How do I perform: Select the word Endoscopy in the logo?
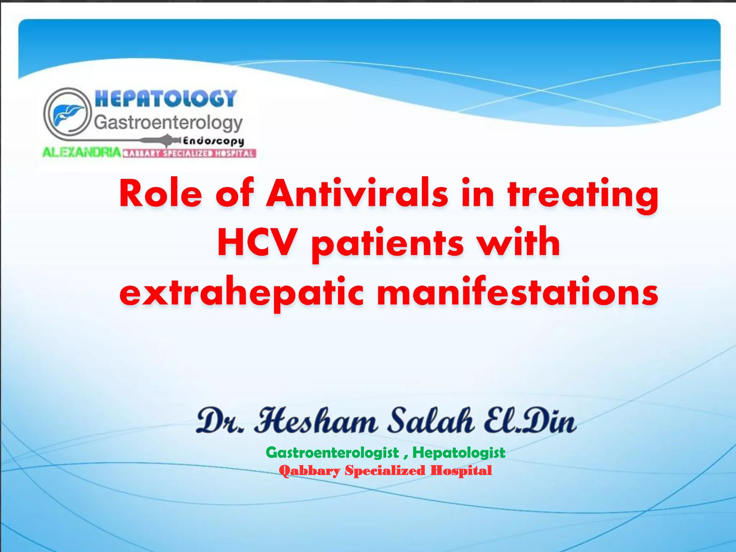(x=213, y=141)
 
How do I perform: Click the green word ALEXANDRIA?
(x=82, y=152)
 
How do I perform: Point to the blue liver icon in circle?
(x=67, y=113)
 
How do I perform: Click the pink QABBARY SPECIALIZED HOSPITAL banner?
(x=189, y=154)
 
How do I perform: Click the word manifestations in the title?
(x=517, y=292)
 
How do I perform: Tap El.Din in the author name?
(x=530, y=420)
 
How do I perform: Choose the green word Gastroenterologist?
(x=332, y=453)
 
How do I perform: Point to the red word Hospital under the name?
(x=461, y=470)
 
